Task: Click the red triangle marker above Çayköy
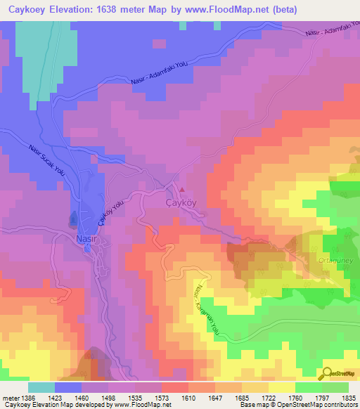[x=184, y=189]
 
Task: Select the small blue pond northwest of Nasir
[x=73, y=220]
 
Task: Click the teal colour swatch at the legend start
[x=41, y=387]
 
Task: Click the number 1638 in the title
[x=120, y=10]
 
